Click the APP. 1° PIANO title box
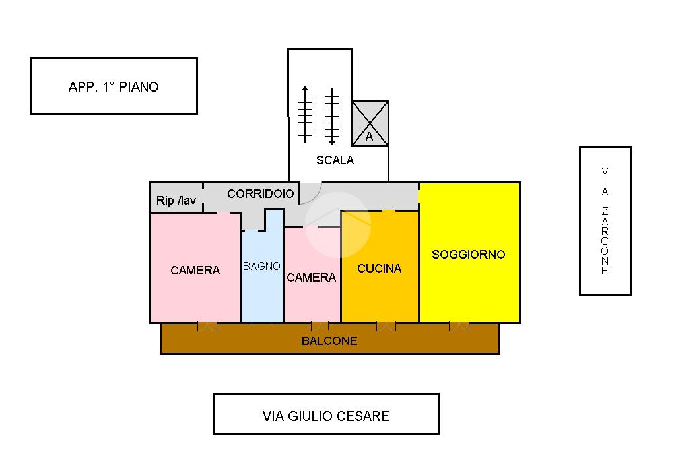pyautogui.click(x=114, y=86)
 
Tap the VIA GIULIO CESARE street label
pyautogui.click(x=326, y=416)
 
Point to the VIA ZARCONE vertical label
pyautogui.click(x=605, y=221)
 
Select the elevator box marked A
pyautogui.click(x=370, y=123)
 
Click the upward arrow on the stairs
pyautogui.click(x=304, y=114)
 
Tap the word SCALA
pyautogui.click(x=335, y=160)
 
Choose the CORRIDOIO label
pyautogui.click(x=260, y=194)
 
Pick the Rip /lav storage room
pyautogui.click(x=176, y=201)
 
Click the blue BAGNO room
pyautogui.click(x=261, y=277)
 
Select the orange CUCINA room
pyautogui.click(x=380, y=268)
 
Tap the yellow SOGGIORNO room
pyautogui.click(x=469, y=254)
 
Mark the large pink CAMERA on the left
pyautogui.click(x=195, y=270)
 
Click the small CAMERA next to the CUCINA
pyautogui.click(x=312, y=278)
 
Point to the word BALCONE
pyautogui.click(x=329, y=341)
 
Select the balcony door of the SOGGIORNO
pyautogui.click(x=459, y=326)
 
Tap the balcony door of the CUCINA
pyautogui.click(x=386, y=326)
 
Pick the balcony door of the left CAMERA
pyautogui.click(x=207, y=326)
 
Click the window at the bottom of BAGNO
pyautogui.click(x=261, y=322)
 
